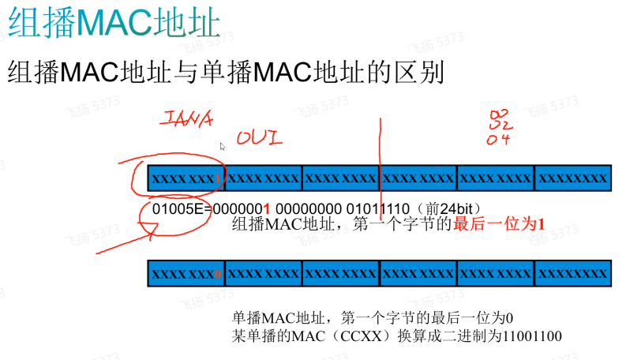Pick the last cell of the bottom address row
[x=573, y=273]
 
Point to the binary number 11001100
[x=527, y=336]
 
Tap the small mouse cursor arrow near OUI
[x=223, y=145]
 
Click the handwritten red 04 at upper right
[x=499, y=139]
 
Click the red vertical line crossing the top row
[x=380, y=158]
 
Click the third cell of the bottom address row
[x=341, y=273]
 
